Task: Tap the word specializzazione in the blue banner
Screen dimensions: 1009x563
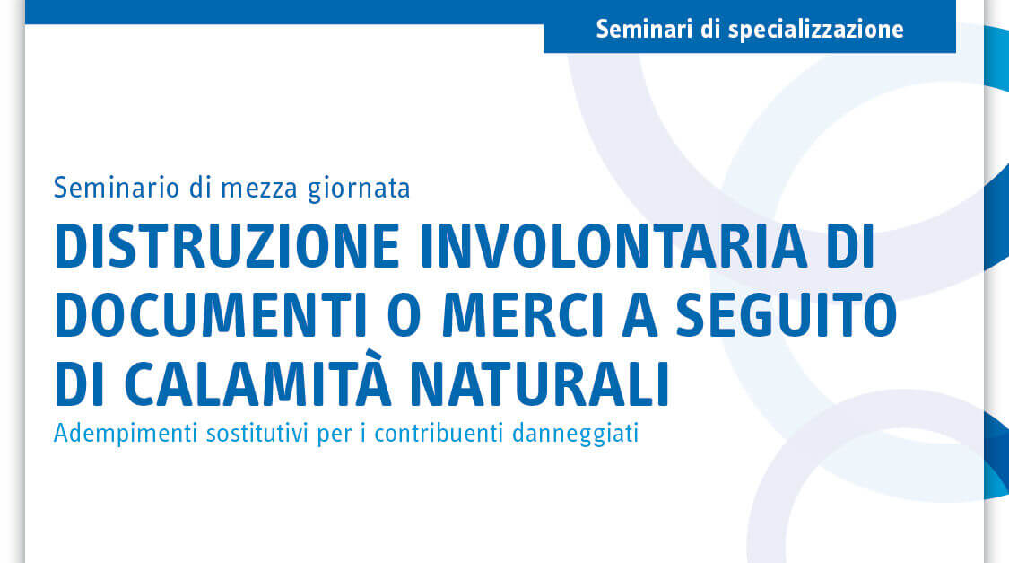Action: tap(816, 30)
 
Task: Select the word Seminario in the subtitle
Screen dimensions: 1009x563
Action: tap(117, 188)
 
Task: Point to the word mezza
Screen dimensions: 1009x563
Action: tap(259, 189)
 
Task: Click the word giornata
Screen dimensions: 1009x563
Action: tap(359, 189)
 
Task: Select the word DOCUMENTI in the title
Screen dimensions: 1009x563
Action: tap(211, 315)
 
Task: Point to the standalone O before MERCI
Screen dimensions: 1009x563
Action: tap(404, 315)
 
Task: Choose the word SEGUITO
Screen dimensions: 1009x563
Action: tap(787, 315)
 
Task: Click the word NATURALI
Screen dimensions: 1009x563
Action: tap(540, 384)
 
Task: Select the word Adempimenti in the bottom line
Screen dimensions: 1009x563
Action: tap(126, 433)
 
